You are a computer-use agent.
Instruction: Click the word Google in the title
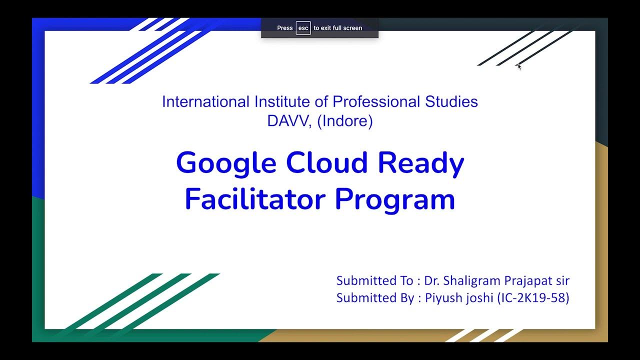(226, 164)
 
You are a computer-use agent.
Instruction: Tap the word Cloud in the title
(327, 163)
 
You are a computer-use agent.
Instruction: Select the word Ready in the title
(421, 164)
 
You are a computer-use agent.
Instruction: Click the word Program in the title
(395, 200)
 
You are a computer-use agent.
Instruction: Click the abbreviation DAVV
(289, 121)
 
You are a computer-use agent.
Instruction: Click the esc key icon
(303, 28)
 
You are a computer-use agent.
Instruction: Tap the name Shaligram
(477, 280)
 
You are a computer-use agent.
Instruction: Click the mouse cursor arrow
(519, 66)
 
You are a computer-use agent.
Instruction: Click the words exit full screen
(341, 28)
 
